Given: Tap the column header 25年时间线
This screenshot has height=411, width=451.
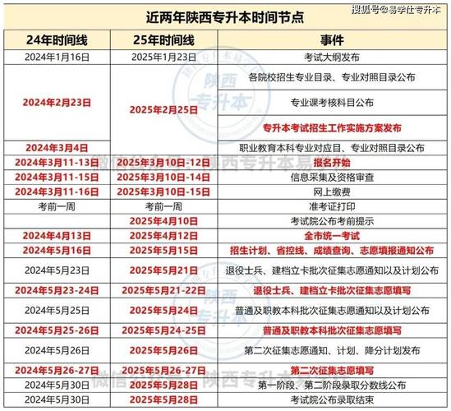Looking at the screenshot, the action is [165, 39].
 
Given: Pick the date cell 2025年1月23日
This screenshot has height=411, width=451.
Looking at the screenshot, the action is [165, 57].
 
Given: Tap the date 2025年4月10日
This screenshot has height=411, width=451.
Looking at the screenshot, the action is [165, 221].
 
